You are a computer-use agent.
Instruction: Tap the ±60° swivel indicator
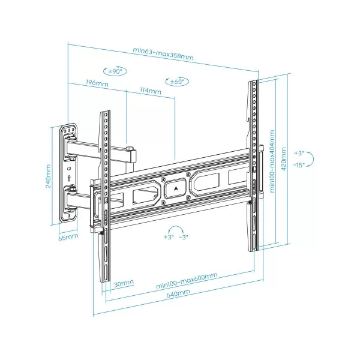[x=176, y=81]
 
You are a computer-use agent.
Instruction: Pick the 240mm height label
[x=49, y=175]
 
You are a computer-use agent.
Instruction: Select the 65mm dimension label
[x=68, y=236]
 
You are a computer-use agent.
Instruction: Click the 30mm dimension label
[x=124, y=283]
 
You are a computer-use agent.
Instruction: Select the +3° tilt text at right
[x=299, y=153]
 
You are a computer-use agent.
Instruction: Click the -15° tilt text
[x=299, y=163]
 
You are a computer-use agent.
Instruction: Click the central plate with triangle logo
[x=175, y=186]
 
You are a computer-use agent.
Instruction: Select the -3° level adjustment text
[x=184, y=238]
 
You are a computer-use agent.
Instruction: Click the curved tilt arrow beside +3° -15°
[x=317, y=158]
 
